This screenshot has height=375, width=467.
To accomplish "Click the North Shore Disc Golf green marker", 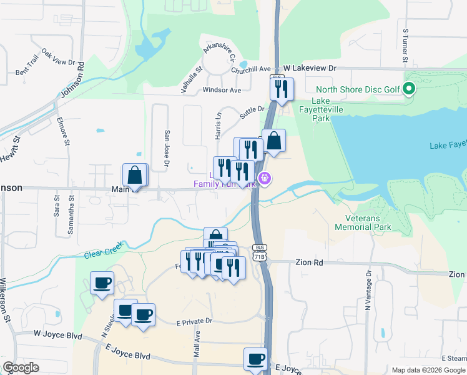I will click(x=409, y=89).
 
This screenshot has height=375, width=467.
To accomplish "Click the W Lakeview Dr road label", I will click(x=310, y=67).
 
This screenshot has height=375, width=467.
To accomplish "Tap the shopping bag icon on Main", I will click(x=134, y=175).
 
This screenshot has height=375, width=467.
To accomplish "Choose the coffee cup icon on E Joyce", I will click(x=255, y=359).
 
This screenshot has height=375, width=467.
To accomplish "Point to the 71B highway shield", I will click(x=259, y=256).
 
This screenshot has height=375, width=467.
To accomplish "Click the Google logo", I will click(x=21, y=367).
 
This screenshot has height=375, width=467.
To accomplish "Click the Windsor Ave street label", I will click(x=222, y=90).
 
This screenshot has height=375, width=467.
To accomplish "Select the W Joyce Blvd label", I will click(x=58, y=335).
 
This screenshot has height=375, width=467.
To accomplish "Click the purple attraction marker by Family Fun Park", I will click(x=265, y=179).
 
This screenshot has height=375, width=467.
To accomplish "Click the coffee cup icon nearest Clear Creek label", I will click(x=102, y=282).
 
